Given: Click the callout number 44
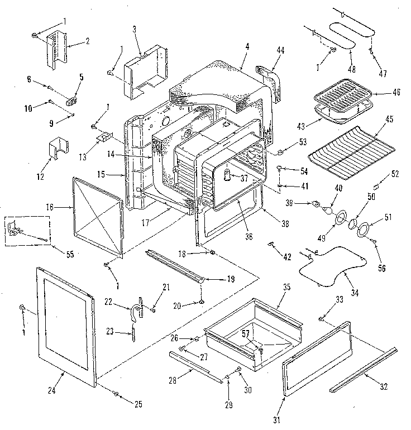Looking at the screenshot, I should click(280, 50).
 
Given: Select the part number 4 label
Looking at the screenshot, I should click(246, 49).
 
